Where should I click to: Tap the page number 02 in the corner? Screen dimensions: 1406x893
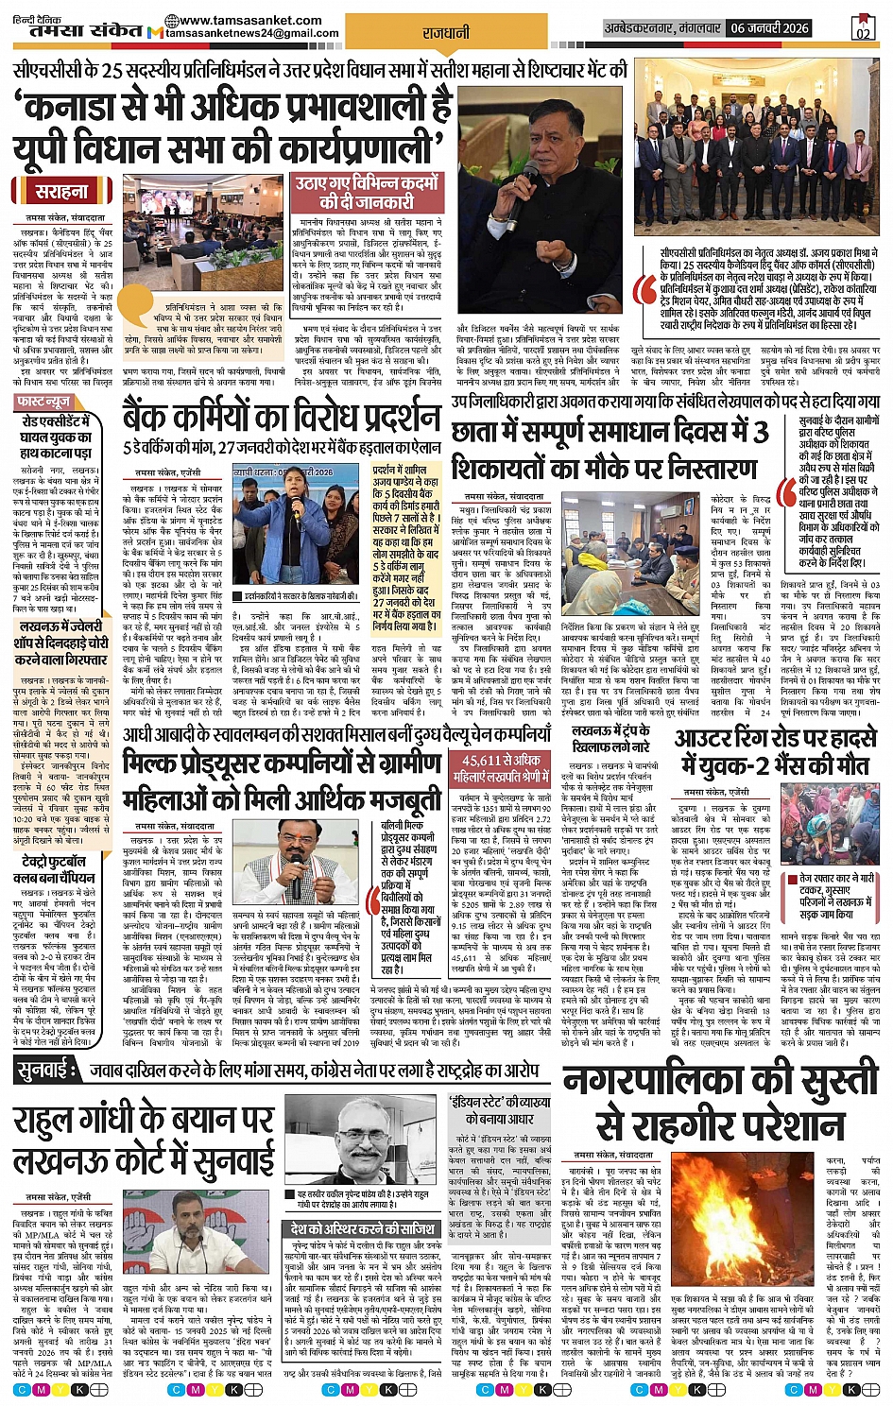(x=862, y=27)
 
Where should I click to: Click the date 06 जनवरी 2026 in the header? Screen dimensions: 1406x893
(x=770, y=28)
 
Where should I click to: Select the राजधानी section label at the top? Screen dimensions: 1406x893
(x=445, y=32)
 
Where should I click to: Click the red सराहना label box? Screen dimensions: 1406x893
(x=61, y=191)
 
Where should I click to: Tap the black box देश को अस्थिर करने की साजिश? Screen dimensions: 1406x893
(x=363, y=1229)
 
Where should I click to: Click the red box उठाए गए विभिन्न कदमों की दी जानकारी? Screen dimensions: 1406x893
(x=366, y=192)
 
